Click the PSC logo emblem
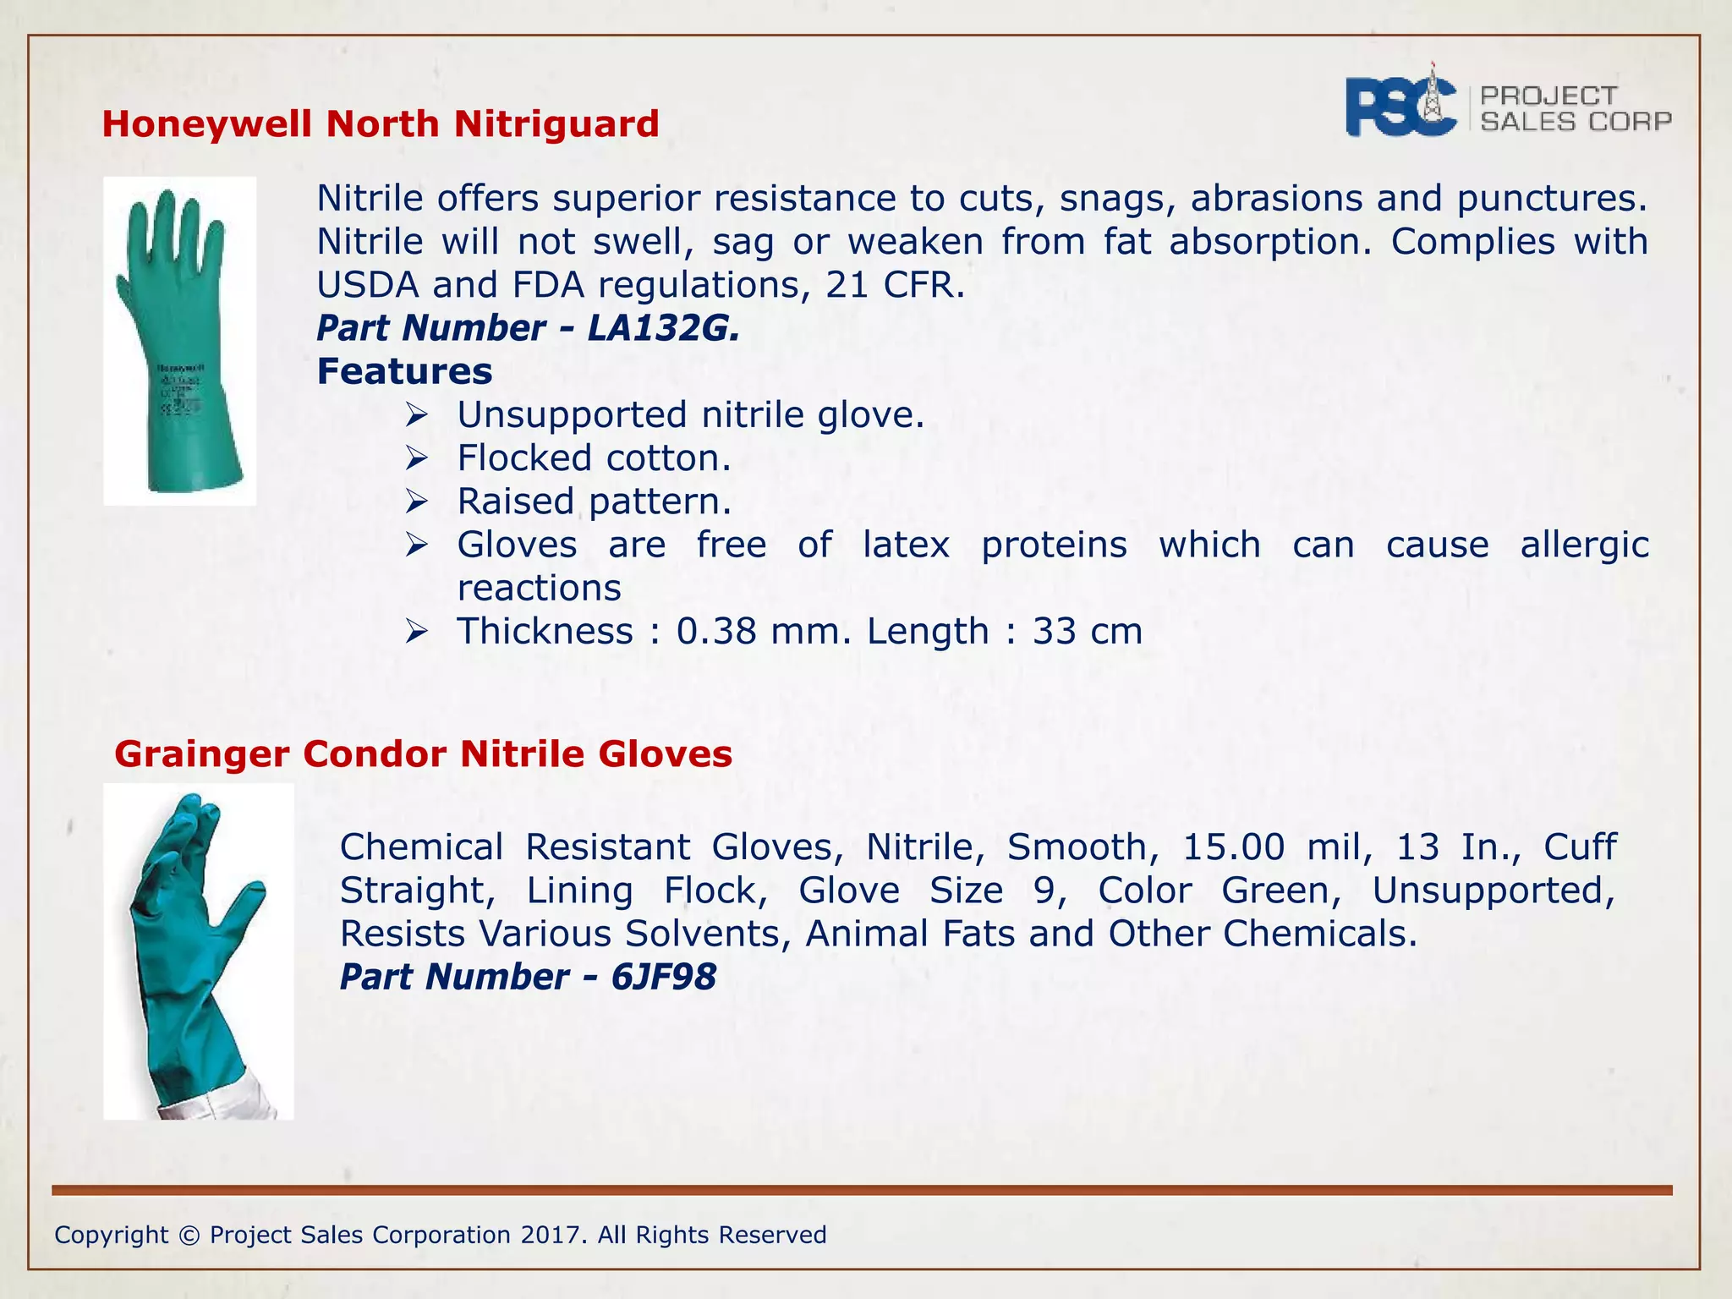tap(1401, 107)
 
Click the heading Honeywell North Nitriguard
tap(380, 124)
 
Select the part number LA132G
tap(662, 328)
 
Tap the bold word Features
tap(404, 371)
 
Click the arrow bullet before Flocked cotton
tap(417, 458)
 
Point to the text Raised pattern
tap(594, 502)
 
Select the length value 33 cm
tap(1087, 632)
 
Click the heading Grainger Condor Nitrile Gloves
tap(423, 754)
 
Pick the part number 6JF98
tap(663, 977)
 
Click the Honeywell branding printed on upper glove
tap(181, 369)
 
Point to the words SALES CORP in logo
tap(1576, 122)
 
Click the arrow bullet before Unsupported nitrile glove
tap(417, 415)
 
